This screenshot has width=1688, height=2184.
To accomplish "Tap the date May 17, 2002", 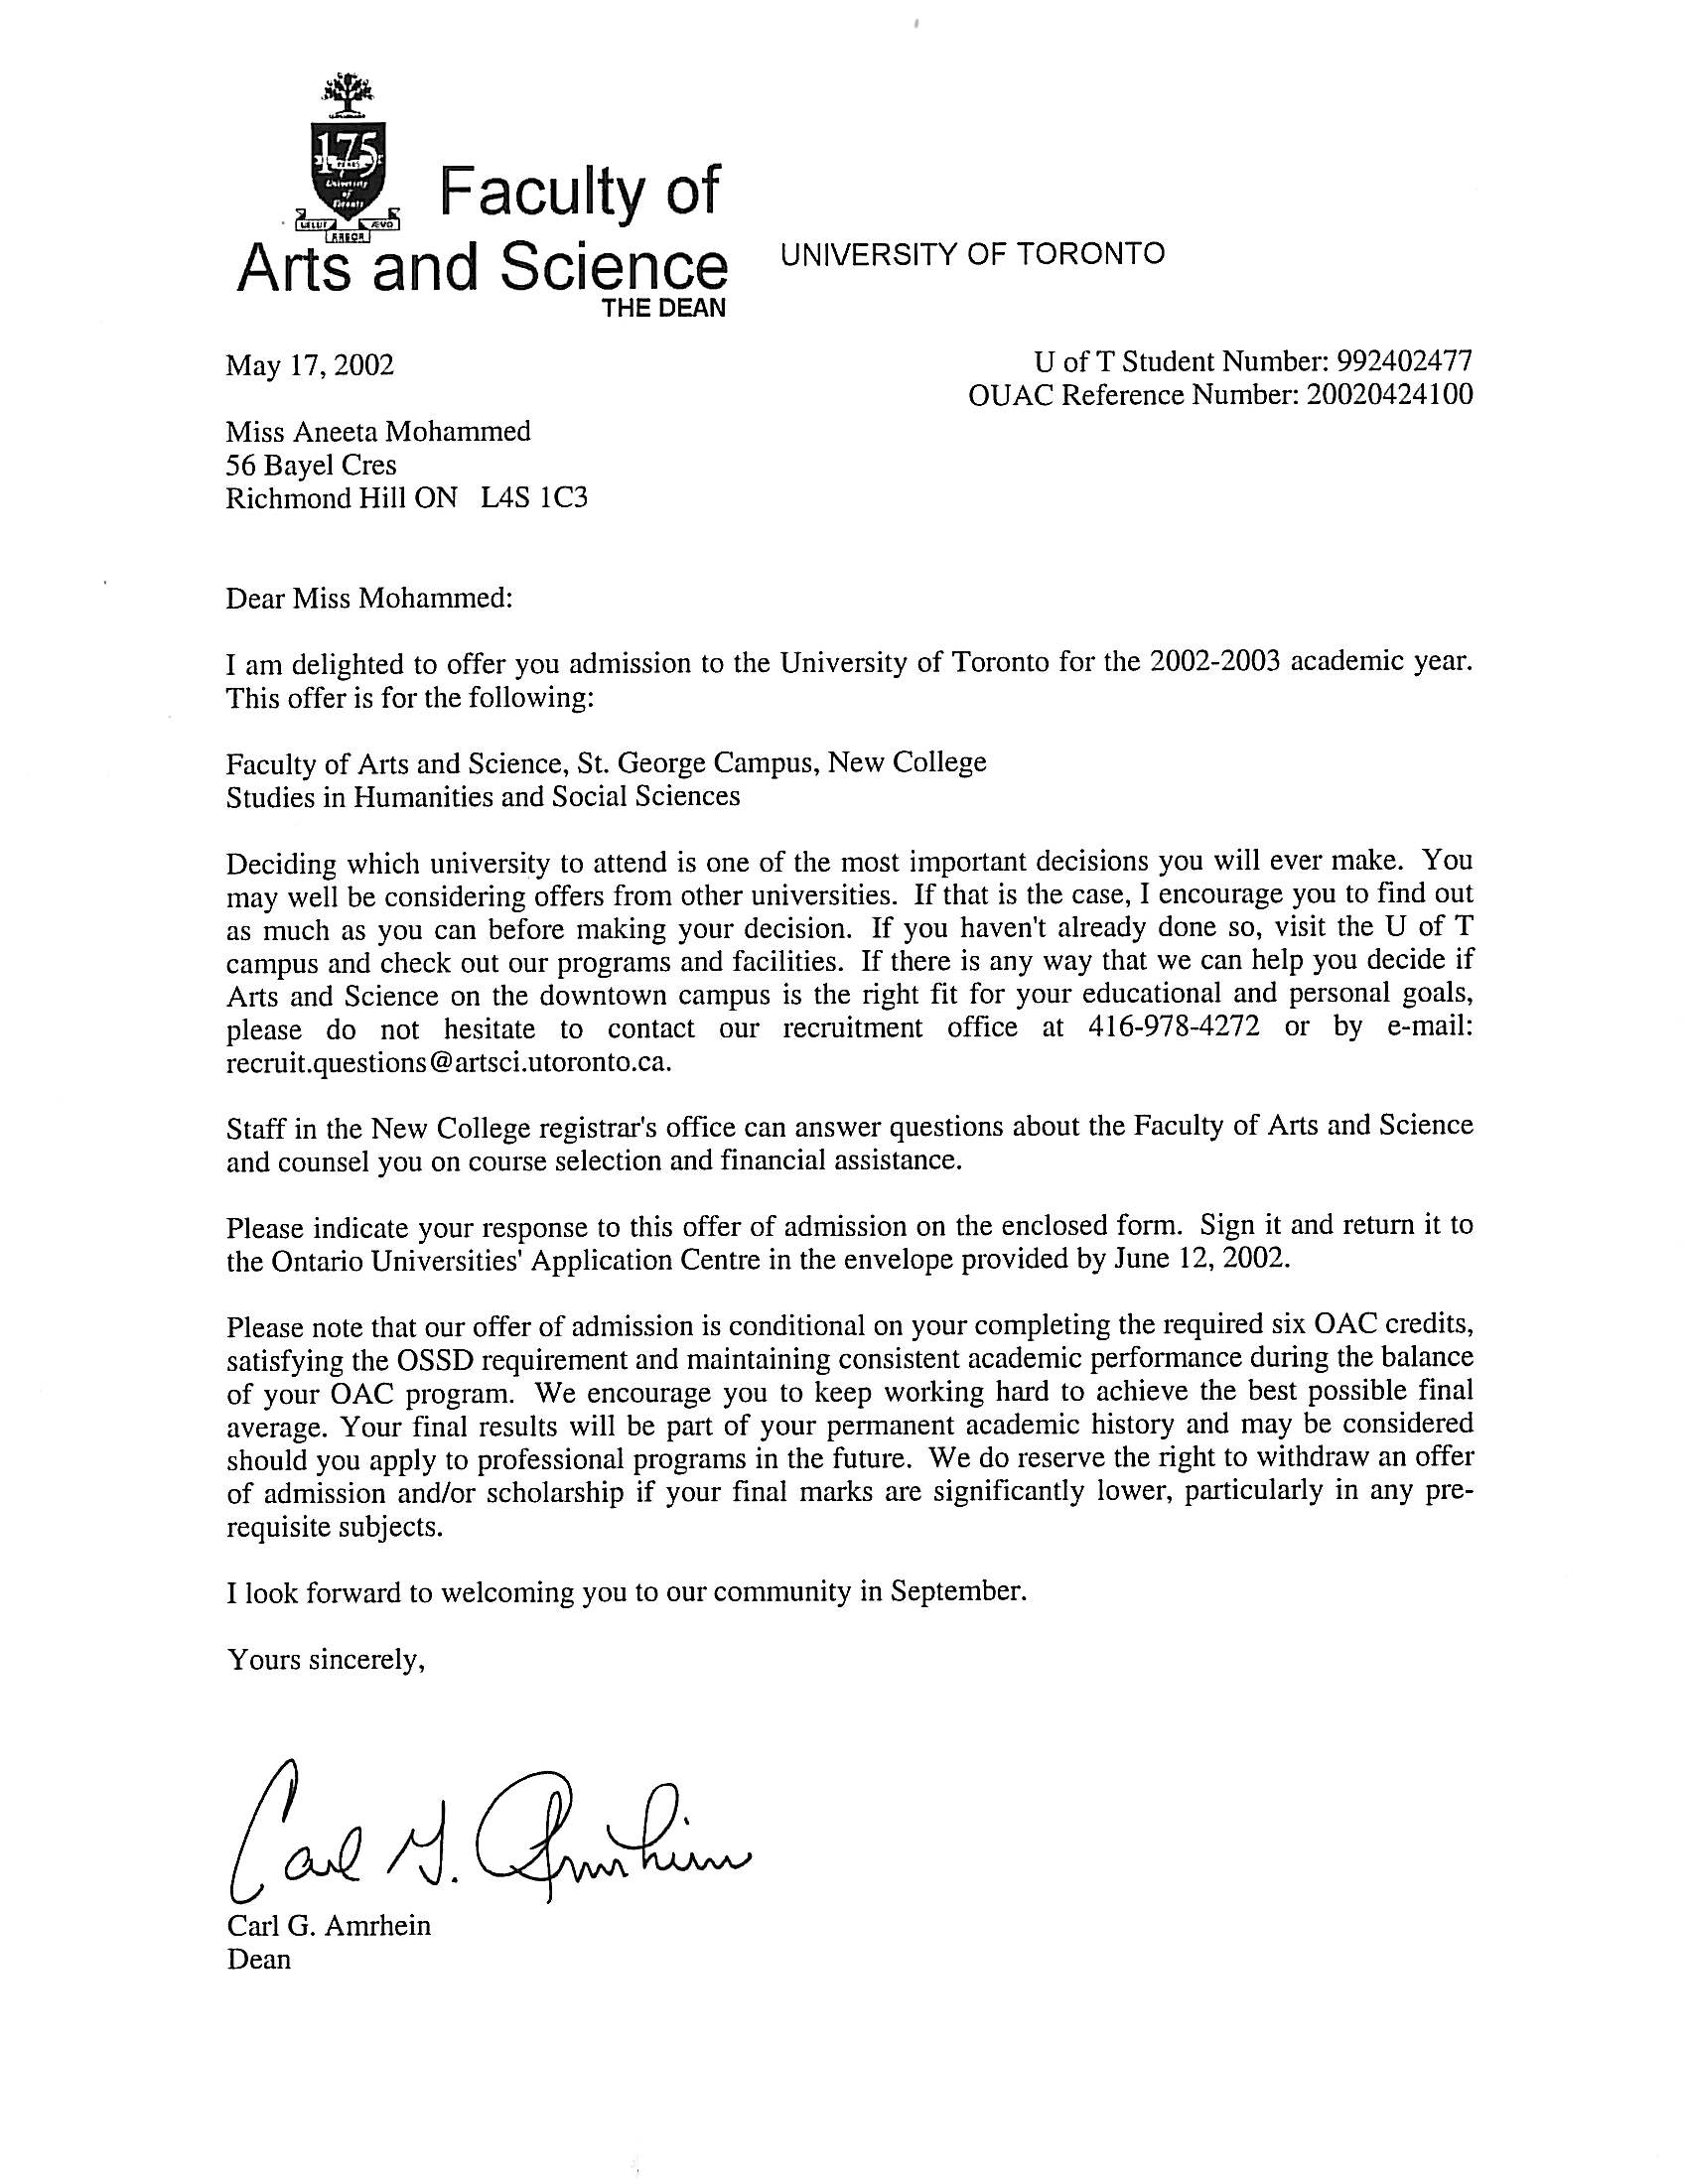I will coord(309,365).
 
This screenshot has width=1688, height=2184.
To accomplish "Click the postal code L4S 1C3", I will coord(534,498).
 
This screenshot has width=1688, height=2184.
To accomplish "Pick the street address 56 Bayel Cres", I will coord(311,465).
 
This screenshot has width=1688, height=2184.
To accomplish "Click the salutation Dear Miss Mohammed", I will coord(369,598).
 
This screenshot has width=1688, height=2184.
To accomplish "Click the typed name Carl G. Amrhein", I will coord(329,1925).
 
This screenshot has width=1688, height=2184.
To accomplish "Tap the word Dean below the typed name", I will coord(259,1959).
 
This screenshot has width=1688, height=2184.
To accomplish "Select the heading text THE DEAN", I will coord(663,308).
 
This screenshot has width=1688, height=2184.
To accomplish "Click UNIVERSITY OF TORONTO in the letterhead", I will coord(972,254).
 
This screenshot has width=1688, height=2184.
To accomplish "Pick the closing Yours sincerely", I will coord(327,1659).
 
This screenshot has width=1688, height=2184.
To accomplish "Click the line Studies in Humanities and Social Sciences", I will coord(483,796).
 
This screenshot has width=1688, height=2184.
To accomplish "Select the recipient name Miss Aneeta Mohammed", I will coord(378,431).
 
